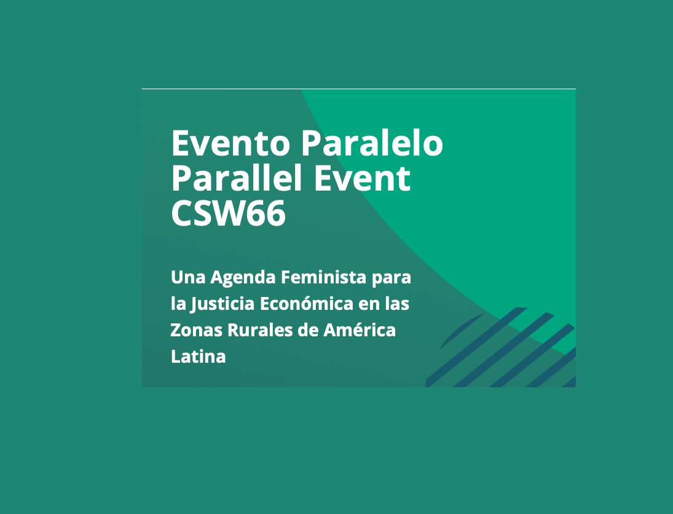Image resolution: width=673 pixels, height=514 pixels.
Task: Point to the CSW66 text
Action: [x=229, y=213]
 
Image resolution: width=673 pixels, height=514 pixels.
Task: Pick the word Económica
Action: [x=307, y=304]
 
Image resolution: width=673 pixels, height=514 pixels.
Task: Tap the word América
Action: [x=360, y=330]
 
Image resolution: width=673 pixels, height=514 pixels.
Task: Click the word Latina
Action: [x=199, y=357]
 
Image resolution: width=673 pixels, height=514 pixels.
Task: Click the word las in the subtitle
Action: [x=397, y=304]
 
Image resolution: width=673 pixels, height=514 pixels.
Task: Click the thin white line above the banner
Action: [x=359, y=89]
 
